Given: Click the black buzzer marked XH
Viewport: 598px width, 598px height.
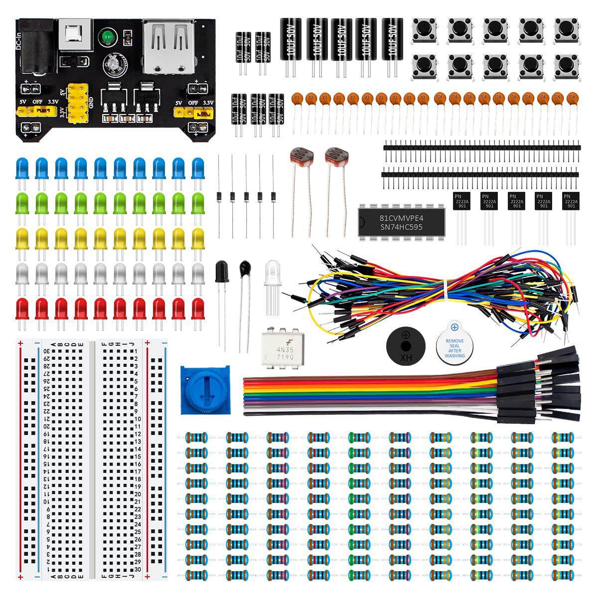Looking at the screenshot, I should [406, 346].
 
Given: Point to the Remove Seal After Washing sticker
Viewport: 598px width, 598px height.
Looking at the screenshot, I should [454, 345].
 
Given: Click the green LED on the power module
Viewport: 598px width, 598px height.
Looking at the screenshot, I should [106, 36].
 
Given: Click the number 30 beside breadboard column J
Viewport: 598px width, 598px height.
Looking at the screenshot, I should [137, 570].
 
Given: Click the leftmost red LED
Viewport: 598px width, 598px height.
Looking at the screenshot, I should [22, 308].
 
